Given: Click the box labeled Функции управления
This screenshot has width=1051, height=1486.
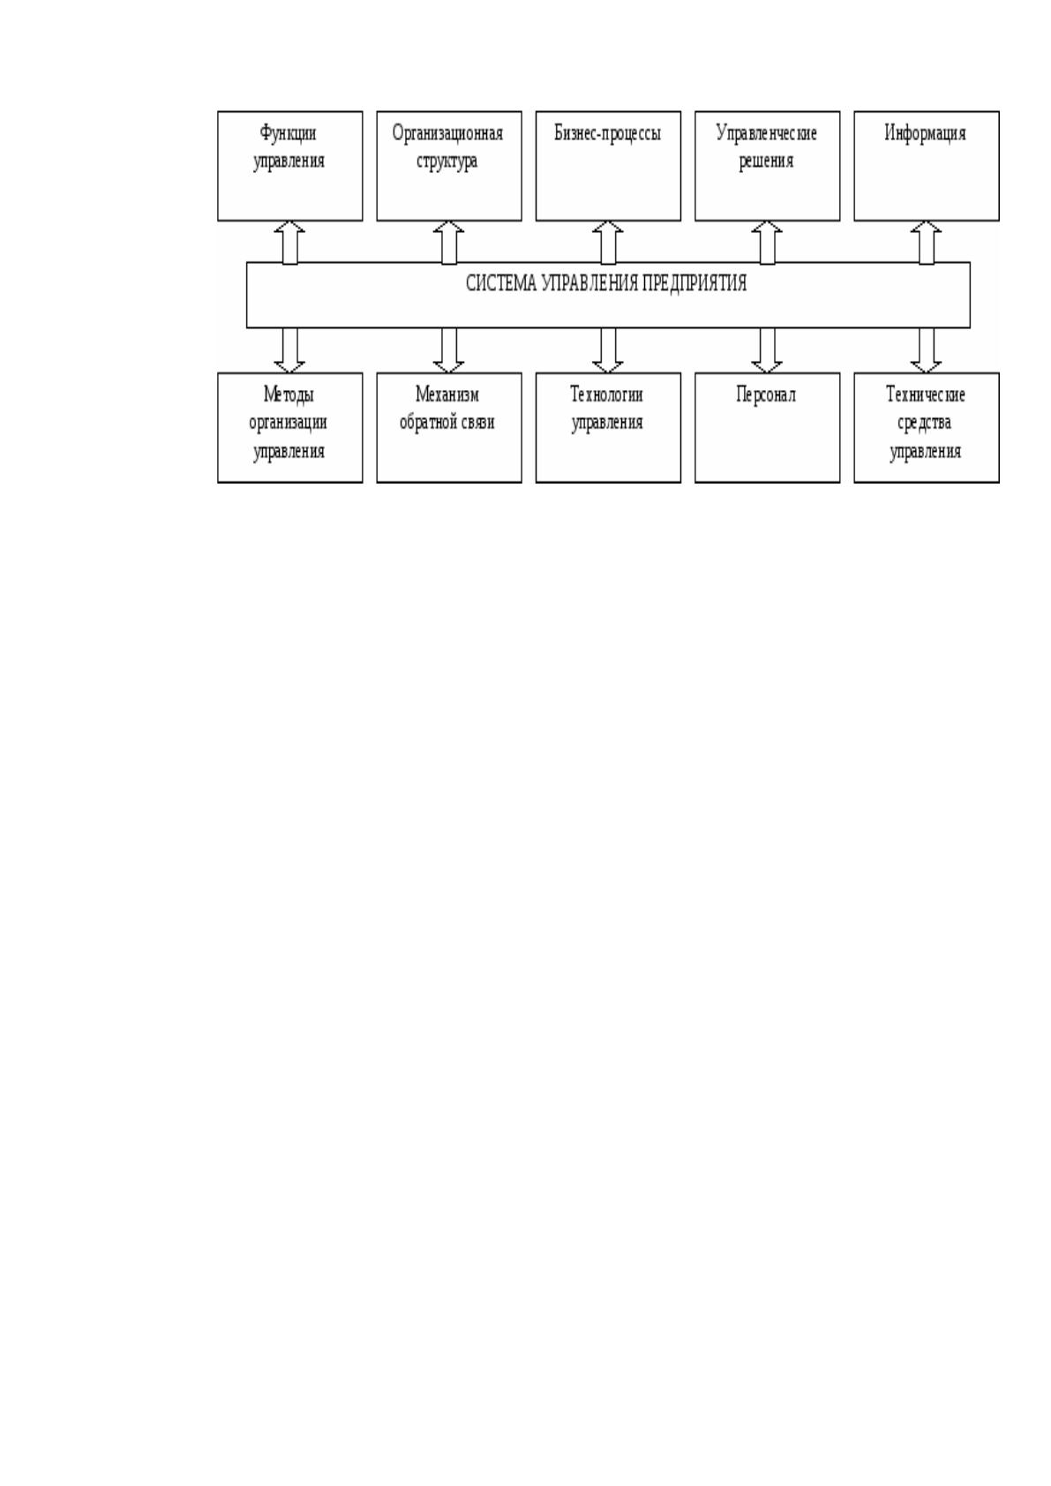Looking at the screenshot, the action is [x=290, y=166].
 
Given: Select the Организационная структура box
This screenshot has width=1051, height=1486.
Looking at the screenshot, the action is [x=449, y=166].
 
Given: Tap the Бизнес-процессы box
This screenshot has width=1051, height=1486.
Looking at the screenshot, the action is [x=608, y=166].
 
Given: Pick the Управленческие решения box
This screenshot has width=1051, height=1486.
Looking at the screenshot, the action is [x=768, y=166].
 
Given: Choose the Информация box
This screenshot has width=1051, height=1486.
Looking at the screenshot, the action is [x=927, y=166].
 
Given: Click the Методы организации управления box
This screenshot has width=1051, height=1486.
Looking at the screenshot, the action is [x=290, y=428].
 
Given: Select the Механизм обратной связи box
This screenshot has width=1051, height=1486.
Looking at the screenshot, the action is [x=449, y=428].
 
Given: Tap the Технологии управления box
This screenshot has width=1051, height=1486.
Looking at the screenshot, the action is [x=608, y=428].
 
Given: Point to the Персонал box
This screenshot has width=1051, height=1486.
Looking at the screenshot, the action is [x=768, y=428].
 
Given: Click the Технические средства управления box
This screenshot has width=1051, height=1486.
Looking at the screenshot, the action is [x=927, y=428].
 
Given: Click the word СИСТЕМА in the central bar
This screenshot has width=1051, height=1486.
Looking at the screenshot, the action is [x=501, y=284].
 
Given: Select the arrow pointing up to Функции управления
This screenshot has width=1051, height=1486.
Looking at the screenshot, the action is [x=289, y=243].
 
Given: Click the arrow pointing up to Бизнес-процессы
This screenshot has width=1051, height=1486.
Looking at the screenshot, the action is [x=608, y=243].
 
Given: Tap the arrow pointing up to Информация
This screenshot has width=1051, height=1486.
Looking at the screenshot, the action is [x=927, y=243].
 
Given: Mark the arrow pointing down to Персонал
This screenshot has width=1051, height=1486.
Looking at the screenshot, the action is [x=767, y=350].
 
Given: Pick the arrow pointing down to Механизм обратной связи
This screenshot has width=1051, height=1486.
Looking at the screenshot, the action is [x=448, y=350].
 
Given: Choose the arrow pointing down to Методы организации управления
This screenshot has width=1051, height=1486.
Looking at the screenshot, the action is [x=289, y=350].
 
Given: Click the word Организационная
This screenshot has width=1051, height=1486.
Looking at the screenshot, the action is [x=448, y=134].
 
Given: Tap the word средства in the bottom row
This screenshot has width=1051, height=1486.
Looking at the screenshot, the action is [x=924, y=423].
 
